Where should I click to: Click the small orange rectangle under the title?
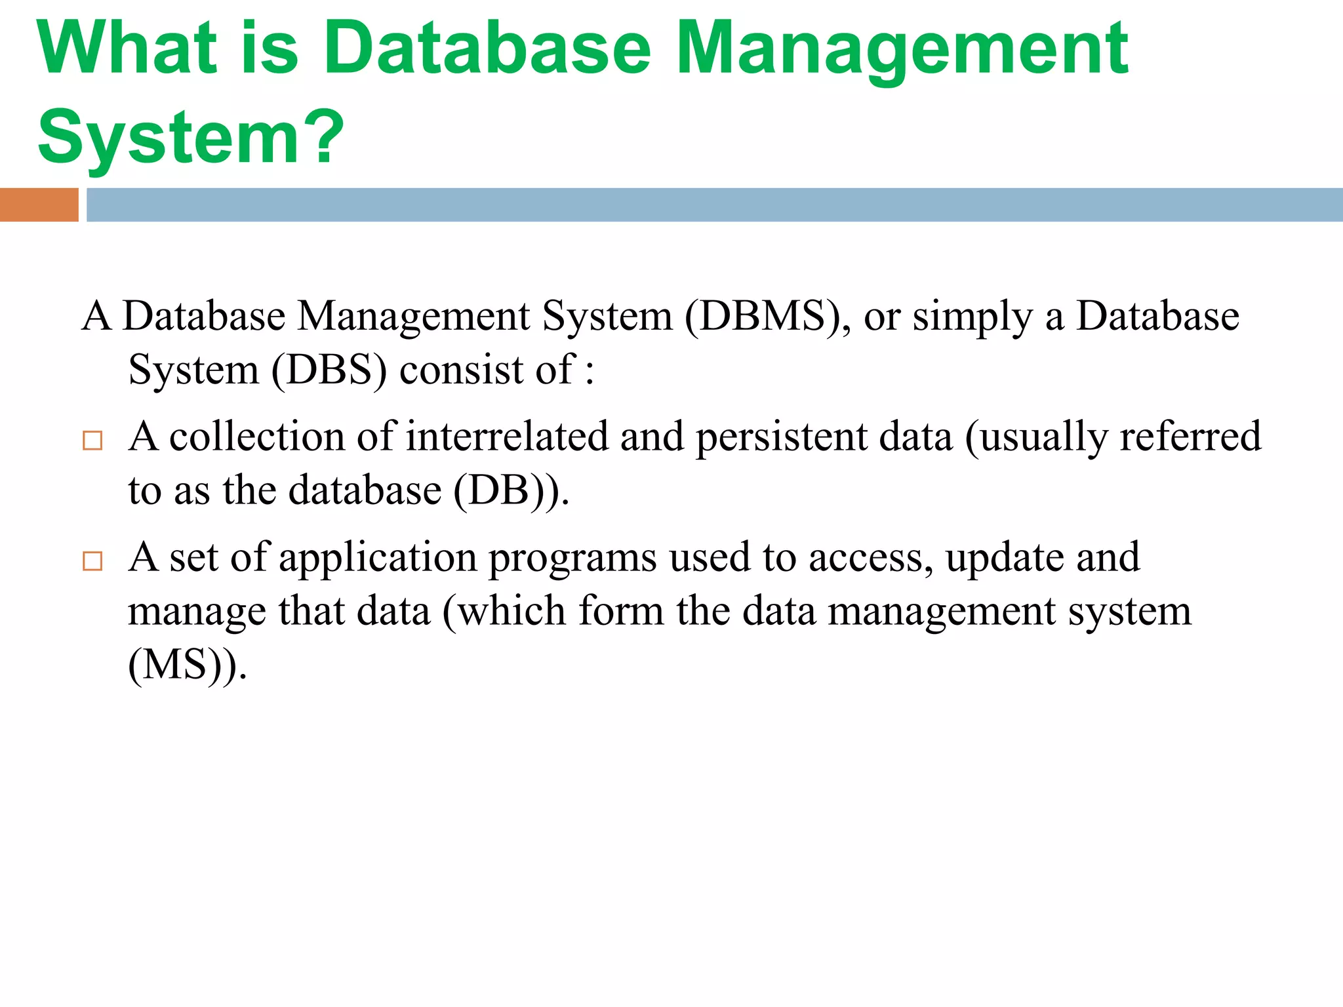[x=39, y=205]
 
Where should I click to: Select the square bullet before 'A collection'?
[x=92, y=441]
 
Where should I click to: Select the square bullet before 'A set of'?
[x=92, y=561]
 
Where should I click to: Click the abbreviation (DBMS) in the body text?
[x=768, y=317]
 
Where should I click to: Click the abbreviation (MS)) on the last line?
[x=188, y=665]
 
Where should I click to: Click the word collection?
[x=256, y=437]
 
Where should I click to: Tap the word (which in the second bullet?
[x=504, y=612]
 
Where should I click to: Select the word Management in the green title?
[x=902, y=50]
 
